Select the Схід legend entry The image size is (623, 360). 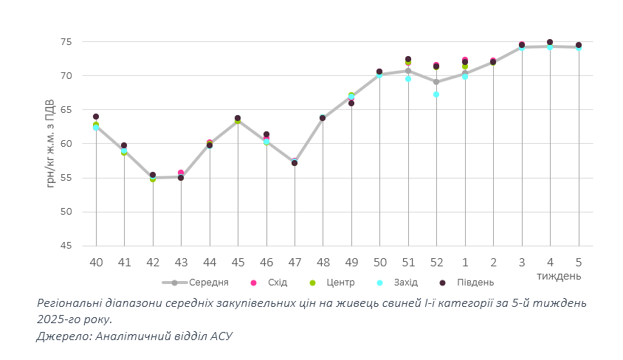[x=277, y=283]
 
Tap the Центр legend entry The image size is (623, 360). [x=340, y=283]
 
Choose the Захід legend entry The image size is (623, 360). [x=405, y=283]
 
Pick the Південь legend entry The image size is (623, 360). [x=475, y=283]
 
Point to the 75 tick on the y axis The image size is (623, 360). [x=66, y=42]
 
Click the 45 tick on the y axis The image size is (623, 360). [x=66, y=246]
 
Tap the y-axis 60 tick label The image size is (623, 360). [x=66, y=144]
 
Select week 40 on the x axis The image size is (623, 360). [x=96, y=263]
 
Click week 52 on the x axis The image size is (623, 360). [x=436, y=263]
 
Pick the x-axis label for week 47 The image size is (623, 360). [x=295, y=263]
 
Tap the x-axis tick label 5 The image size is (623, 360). [x=579, y=263]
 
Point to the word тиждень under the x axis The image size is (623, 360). [x=559, y=276]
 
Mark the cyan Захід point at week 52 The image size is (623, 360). [x=436, y=94]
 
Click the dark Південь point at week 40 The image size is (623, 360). [x=96, y=117]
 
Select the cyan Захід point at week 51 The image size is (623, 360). [x=408, y=79]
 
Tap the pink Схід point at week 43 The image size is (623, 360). [x=181, y=173]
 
